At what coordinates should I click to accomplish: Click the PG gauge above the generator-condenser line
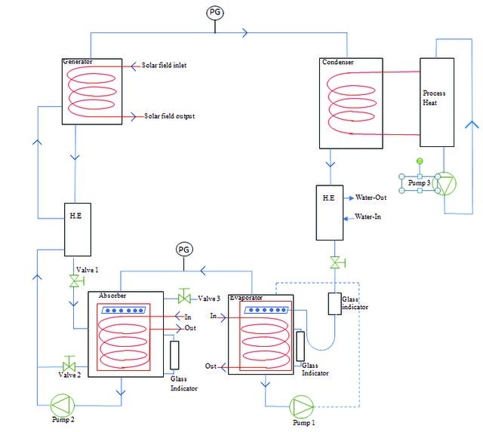coord(215,13)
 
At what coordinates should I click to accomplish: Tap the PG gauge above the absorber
coord(184,250)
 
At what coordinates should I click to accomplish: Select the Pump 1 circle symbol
coord(302,407)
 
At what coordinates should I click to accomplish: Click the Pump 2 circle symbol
coord(62,405)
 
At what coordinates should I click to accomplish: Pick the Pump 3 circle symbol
coord(445,184)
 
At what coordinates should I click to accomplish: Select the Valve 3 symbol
coord(184,296)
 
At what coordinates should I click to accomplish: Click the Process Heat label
coord(434,98)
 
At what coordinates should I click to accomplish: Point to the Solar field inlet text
coord(164,66)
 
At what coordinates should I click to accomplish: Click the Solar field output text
coord(169,116)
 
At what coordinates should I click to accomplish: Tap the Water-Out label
coord(371,198)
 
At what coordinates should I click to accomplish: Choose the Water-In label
coord(368,216)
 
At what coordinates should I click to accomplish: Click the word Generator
coord(78,62)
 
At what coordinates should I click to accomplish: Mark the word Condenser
coord(338,62)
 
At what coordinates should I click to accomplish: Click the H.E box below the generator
coord(78,229)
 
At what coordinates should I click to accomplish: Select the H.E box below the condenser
coord(330,213)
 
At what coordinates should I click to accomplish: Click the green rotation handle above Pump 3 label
coord(420,161)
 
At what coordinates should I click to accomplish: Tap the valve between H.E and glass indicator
coord(336,263)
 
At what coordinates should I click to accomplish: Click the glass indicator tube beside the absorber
coord(174,355)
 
